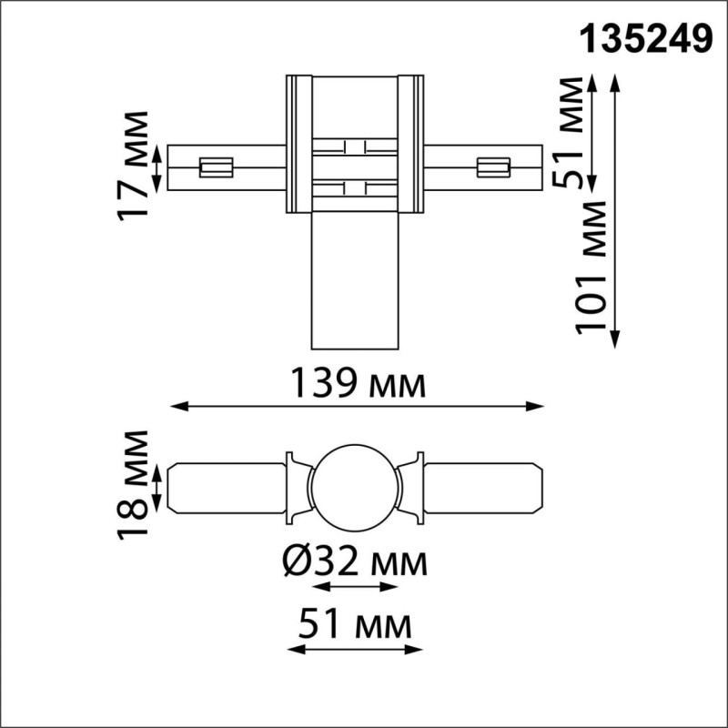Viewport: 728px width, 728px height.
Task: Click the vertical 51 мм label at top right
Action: coord(571,133)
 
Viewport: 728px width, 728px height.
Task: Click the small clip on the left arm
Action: coord(217,167)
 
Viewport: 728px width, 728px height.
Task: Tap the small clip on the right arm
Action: coord(491,167)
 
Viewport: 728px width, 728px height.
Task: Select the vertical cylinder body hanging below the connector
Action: coord(355,282)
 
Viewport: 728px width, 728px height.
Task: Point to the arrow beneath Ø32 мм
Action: coord(355,588)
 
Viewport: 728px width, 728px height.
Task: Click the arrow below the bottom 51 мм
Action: coord(353,650)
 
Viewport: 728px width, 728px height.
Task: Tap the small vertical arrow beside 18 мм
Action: coord(157,489)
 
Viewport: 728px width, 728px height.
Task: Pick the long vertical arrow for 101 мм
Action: coord(616,209)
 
